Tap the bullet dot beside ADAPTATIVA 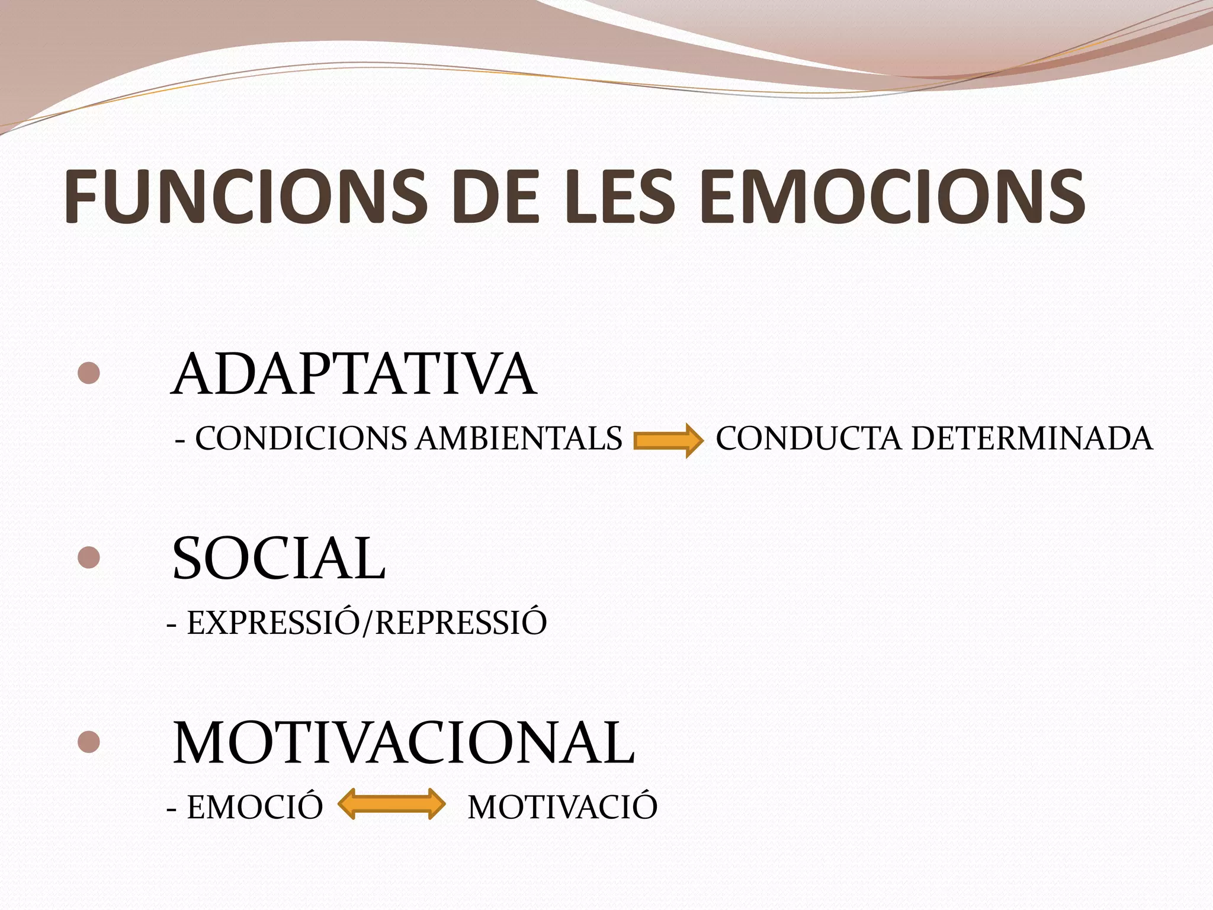pos(88,373)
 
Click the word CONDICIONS pos(301,439)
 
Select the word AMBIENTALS pos(518,439)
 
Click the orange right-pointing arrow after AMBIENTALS pos(668,441)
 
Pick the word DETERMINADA pos(1032,439)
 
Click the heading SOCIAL pos(278,559)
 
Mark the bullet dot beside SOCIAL pos(88,557)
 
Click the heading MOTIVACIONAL pos(403,743)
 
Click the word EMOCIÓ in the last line pos(255,808)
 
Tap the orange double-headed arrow pos(391,805)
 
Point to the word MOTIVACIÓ pos(563,808)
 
